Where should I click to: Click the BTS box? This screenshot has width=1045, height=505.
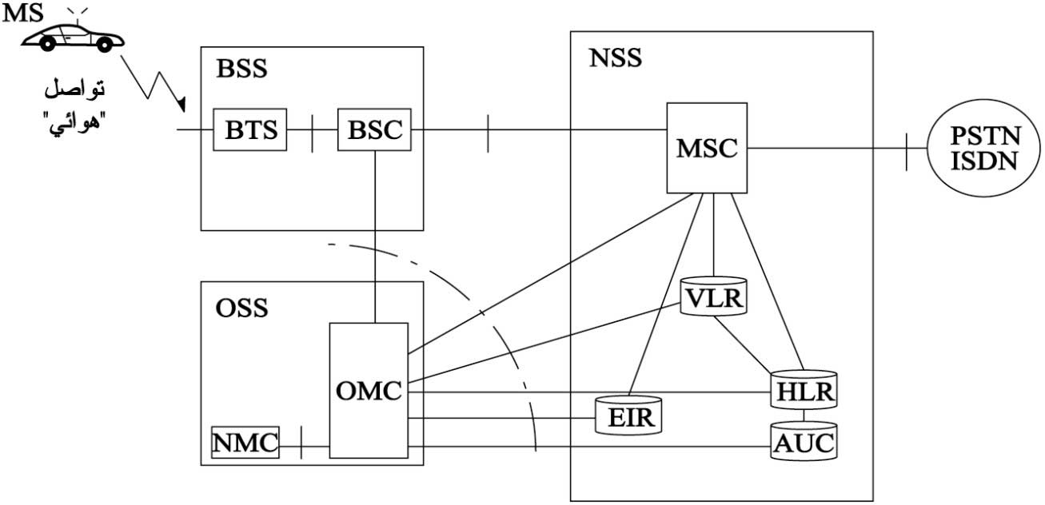coord(250,129)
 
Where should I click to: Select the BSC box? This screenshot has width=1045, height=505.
coord(375,129)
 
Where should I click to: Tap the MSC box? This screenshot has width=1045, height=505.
coord(707,148)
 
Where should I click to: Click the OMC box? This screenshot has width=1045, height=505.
coord(369,390)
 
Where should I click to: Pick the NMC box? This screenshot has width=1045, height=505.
coord(245,442)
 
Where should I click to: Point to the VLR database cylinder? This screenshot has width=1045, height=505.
coord(714,296)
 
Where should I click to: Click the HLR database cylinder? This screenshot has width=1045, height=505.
coord(804,390)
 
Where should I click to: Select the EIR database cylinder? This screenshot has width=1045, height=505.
coord(629,416)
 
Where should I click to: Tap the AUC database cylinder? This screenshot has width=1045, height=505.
coord(804,441)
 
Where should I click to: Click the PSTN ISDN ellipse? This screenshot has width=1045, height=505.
coord(984,149)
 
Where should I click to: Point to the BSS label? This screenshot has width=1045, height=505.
coord(241,69)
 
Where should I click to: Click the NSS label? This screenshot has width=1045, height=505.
coord(616,58)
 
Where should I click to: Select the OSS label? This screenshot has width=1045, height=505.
coord(241,308)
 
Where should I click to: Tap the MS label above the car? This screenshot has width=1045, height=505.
coord(22,13)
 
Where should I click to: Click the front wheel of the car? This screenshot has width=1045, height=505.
coord(105,44)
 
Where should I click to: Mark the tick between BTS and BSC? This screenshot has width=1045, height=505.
coord(312,133)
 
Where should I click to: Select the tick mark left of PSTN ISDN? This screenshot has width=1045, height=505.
coord(907,152)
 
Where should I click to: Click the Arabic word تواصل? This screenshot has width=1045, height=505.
coord(74,89)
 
